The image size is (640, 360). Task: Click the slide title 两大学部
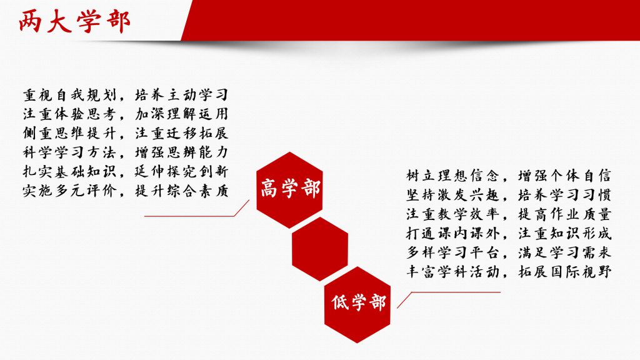click(x=74, y=21)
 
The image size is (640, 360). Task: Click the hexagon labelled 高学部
click(x=289, y=190)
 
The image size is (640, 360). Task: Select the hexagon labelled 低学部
click(x=357, y=304)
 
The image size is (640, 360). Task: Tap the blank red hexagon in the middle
click(x=319, y=249)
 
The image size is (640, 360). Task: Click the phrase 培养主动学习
click(x=181, y=95)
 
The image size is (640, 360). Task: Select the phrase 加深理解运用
click(x=181, y=114)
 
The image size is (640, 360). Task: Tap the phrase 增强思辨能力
click(x=181, y=152)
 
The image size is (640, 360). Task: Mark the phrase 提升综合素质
click(x=181, y=191)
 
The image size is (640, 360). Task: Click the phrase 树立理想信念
click(x=452, y=176)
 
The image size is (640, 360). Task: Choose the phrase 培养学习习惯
click(x=564, y=195)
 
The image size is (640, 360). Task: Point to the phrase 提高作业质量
click(x=564, y=214)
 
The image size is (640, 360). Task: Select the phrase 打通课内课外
click(x=452, y=234)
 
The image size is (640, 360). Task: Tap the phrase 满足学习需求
click(x=564, y=252)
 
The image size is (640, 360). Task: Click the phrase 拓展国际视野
click(x=564, y=272)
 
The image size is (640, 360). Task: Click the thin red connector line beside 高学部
click(x=196, y=216)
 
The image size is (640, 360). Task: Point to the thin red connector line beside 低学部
click(x=449, y=292)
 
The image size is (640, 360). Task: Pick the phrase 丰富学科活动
click(x=452, y=272)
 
